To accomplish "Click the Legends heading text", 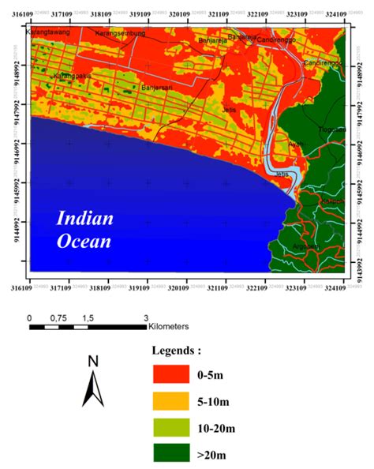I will pyautogui.click(x=177, y=348).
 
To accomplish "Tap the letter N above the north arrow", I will pyautogui.click(x=93, y=362).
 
